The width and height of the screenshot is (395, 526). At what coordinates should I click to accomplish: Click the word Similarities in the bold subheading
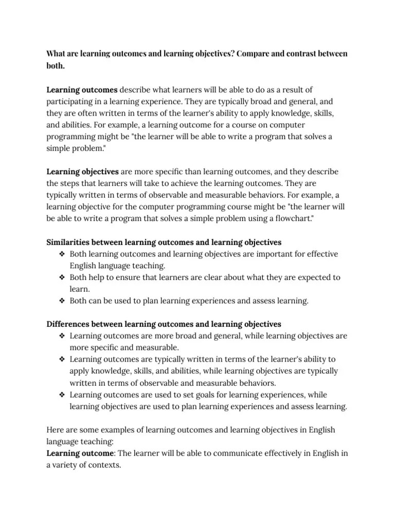(x=69, y=242)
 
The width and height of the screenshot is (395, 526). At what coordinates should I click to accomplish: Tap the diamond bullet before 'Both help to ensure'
(x=62, y=278)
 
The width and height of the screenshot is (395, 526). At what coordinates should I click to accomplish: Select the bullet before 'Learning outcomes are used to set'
(x=62, y=395)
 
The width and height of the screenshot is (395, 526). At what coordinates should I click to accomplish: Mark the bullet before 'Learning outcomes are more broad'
(x=62, y=336)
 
